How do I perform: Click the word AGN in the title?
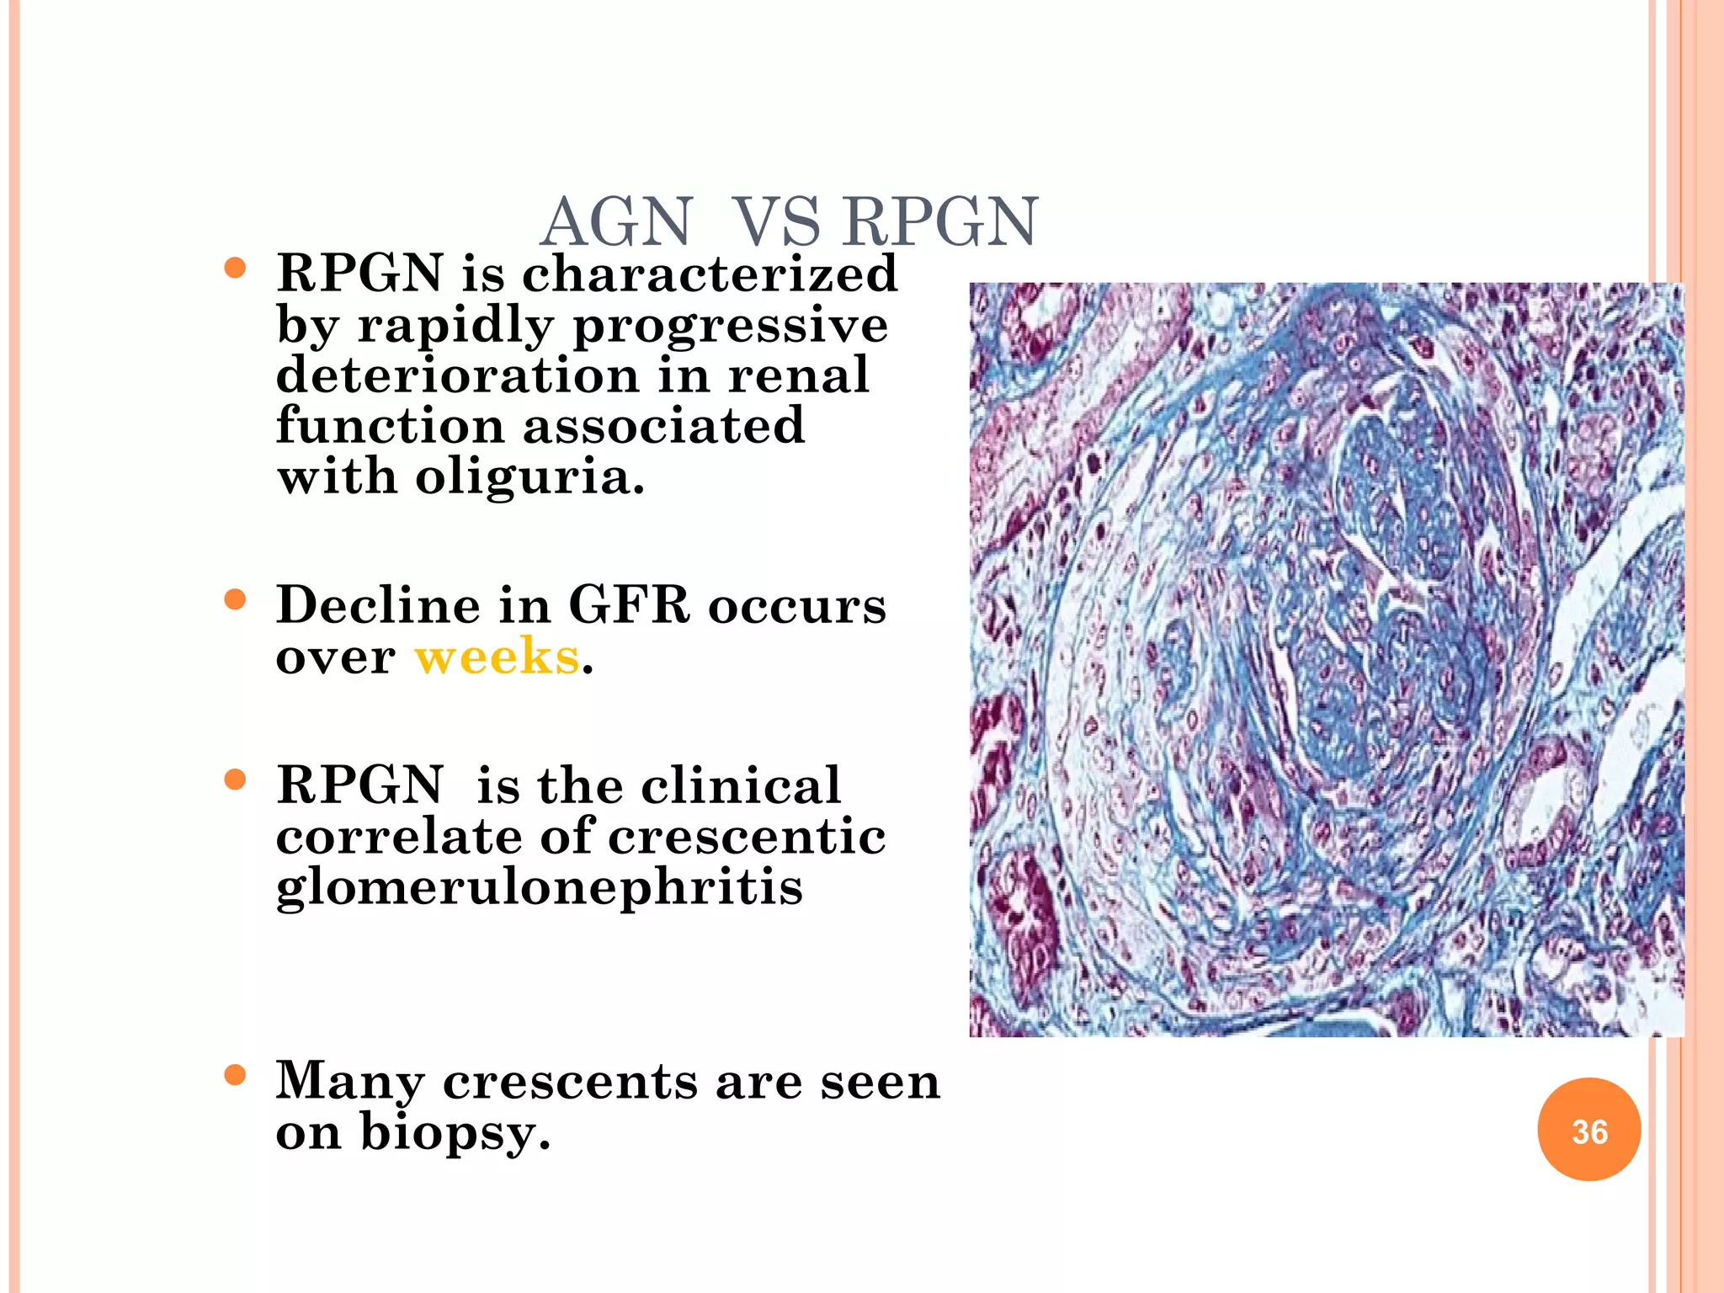[616, 222]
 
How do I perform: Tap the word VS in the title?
[776, 222]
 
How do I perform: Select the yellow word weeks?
[497, 657]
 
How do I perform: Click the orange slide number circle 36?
[1588, 1130]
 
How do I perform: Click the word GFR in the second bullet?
[629, 605]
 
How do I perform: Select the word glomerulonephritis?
[540, 888]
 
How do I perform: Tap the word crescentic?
[747, 837]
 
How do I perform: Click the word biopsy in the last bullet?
[455, 1133]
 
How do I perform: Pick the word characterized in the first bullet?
[710, 274]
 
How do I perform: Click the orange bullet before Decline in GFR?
[236, 600]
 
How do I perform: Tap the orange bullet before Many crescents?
[236, 1075]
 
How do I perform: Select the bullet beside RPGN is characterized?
[236, 269]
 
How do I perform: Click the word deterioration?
[457, 375]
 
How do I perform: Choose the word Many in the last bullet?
[349, 1083]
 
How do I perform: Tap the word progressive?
[730, 327]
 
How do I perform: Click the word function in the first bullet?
[390, 426]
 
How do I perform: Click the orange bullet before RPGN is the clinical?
[236, 780]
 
